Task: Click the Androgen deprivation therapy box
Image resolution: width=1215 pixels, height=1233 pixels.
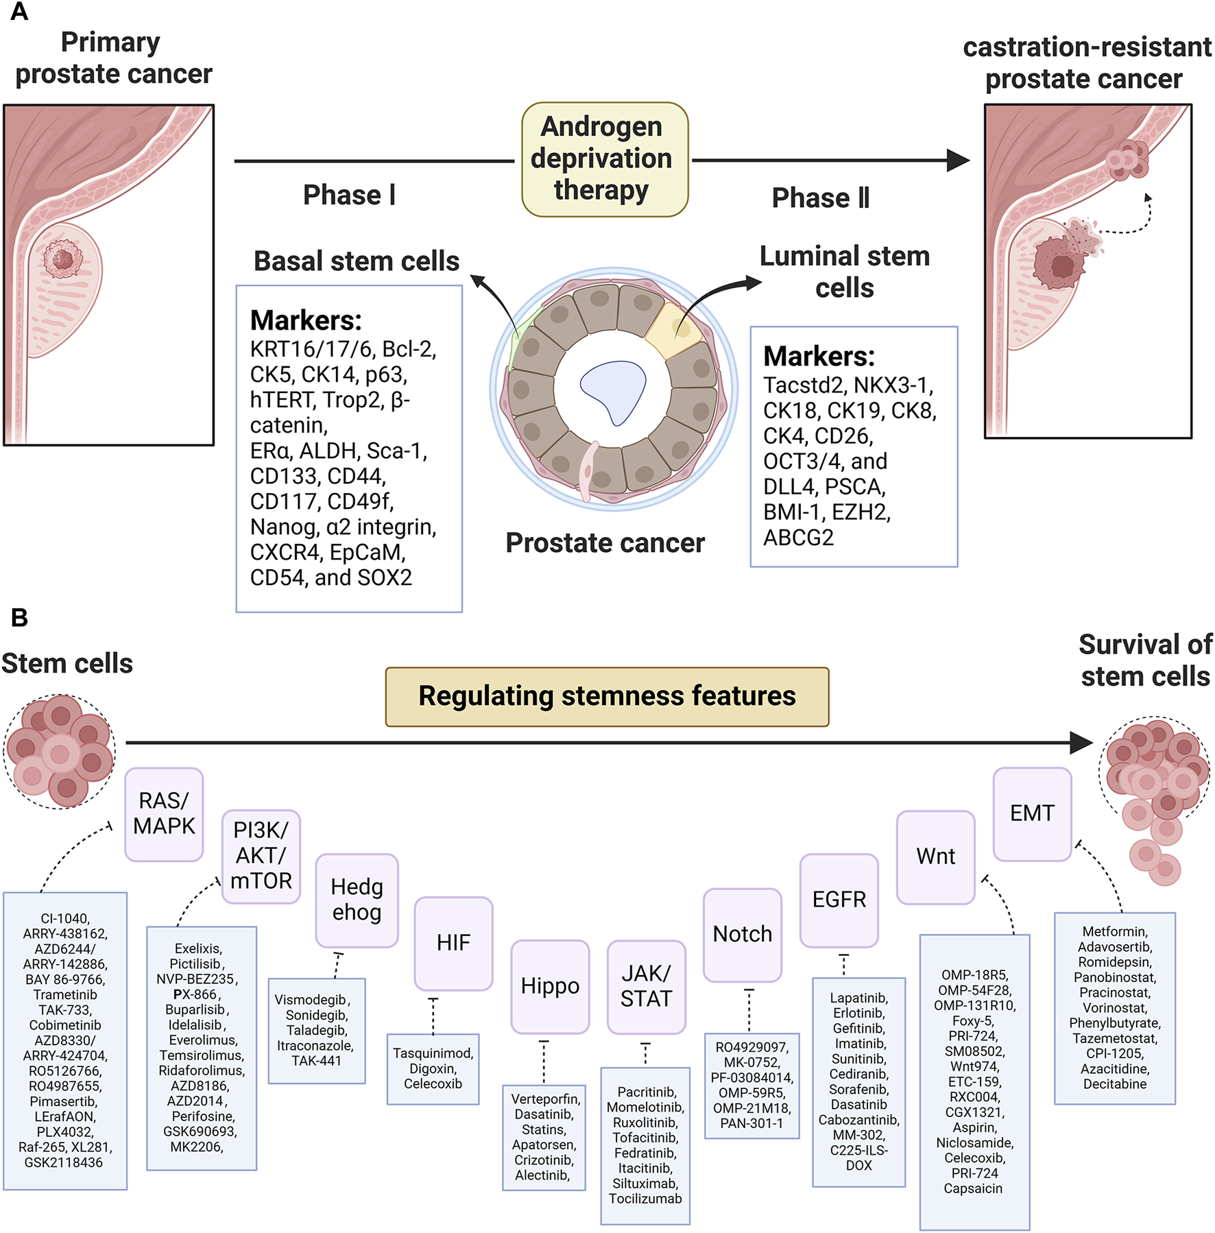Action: click(604, 159)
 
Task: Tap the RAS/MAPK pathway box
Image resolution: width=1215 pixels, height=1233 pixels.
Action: click(164, 814)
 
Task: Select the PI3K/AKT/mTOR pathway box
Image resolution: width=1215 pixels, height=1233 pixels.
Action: click(261, 856)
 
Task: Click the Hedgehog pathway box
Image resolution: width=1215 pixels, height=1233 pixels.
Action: click(357, 900)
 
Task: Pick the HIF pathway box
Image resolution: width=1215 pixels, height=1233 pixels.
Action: click(453, 943)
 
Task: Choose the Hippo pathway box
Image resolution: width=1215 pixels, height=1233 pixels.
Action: click(550, 986)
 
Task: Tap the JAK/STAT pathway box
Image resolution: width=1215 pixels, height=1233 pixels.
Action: click(646, 986)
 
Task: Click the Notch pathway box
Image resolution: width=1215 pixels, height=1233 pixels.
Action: click(743, 934)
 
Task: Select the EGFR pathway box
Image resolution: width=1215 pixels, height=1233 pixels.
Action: click(839, 900)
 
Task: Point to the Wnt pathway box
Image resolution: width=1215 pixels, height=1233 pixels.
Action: click(936, 857)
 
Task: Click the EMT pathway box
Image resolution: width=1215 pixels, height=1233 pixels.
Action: click(1032, 813)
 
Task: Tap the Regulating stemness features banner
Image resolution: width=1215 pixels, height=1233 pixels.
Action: click(607, 697)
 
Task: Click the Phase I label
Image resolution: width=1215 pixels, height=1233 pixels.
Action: click(349, 195)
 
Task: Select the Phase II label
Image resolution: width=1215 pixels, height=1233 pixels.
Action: click(821, 198)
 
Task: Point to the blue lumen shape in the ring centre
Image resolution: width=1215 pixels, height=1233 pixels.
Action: click(613, 390)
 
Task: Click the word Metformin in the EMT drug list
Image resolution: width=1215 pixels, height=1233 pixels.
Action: click(1114, 931)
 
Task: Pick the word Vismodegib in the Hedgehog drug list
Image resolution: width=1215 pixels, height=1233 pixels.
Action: click(312, 1000)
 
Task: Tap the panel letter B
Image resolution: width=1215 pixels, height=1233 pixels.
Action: click(19, 618)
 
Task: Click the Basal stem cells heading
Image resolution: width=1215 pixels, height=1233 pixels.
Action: click(357, 261)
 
